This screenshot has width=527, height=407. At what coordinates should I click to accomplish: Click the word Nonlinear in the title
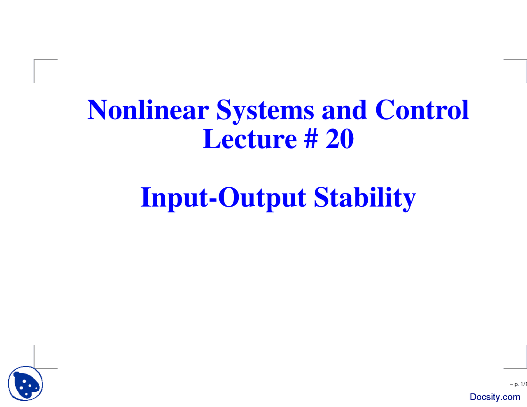click(148, 110)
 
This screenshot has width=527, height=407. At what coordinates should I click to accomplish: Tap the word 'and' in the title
click(344, 110)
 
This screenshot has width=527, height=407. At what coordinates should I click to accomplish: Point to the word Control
click(422, 110)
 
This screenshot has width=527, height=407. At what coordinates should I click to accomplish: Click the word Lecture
click(250, 139)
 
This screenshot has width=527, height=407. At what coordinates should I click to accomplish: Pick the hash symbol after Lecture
click(311, 139)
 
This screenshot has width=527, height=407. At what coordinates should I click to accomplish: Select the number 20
click(340, 139)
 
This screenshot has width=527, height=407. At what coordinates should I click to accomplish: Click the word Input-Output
click(223, 198)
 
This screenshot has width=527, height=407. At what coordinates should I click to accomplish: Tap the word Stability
click(364, 198)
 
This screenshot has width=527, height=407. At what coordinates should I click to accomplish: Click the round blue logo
click(26, 384)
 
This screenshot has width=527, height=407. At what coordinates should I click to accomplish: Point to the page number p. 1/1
click(518, 384)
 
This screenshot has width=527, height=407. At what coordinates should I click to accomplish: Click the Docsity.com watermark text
click(495, 397)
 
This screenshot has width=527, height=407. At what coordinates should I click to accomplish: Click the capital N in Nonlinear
click(98, 110)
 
